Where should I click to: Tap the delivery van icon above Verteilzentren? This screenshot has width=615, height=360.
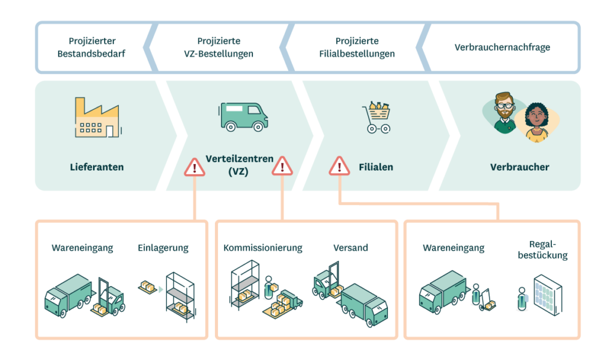[243, 116]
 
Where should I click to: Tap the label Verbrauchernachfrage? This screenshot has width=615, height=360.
[502, 47]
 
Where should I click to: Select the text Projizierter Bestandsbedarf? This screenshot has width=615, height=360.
[91, 47]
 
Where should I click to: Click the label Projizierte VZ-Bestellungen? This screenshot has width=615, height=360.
[219, 47]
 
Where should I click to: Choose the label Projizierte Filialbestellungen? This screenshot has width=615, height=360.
[357, 47]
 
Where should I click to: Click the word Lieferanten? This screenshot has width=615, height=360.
[96, 166]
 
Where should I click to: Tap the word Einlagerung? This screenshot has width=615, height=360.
[163, 248]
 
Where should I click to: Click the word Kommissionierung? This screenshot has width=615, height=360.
[262, 248]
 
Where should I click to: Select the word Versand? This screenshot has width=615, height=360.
[351, 248]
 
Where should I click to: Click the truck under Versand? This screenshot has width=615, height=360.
[363, 304]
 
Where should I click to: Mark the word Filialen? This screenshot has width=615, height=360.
[375, 166]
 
